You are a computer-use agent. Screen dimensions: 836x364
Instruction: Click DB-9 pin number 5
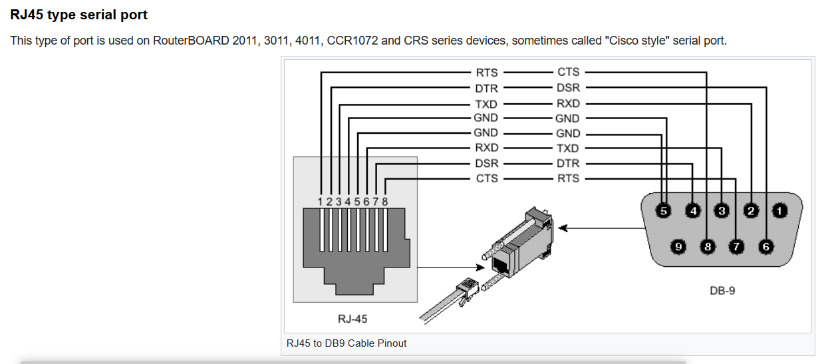tap(663, 211)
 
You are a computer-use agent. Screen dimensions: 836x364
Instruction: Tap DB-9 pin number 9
tap(678, 247)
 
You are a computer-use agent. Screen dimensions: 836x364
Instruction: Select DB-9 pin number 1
tap(779, 211)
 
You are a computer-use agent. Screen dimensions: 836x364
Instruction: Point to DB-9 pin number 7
tap(736, 247)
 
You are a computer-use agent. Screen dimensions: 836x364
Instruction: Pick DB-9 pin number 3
tap(722, 211)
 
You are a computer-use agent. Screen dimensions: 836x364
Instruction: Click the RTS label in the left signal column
tap(487, 73)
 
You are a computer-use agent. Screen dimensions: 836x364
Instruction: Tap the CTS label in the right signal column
tap(569, 72)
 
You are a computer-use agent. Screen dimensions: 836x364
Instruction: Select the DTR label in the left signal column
tap(486, 89)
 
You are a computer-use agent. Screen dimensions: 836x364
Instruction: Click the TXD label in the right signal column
tap(568, 148)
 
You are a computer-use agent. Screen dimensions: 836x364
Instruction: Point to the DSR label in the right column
tap(569, 88)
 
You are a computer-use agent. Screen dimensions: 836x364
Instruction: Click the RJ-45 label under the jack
tap(352, 319)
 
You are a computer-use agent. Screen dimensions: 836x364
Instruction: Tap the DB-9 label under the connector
tap(722, 290)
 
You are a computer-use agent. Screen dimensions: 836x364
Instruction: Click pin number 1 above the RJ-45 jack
tap(320, 202)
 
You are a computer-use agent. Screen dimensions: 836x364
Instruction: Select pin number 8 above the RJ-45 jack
tap(385, 202)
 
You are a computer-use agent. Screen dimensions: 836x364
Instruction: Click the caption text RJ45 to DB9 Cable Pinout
tap(347, 343)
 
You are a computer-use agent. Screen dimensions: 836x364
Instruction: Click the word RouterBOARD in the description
tap(191, 41)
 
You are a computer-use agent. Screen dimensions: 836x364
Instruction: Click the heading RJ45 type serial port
tap(78, 15)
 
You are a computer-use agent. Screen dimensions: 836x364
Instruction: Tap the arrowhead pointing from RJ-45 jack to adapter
tap(480, 268)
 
